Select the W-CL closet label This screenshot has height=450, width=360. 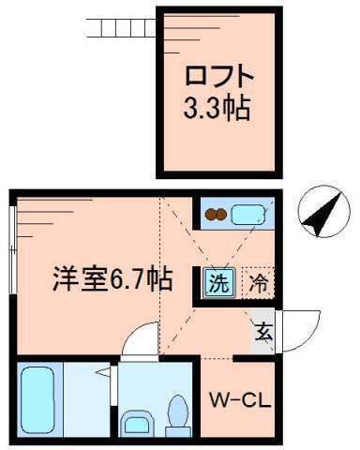click(238, 400)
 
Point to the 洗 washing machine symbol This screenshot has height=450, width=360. click(217, 280)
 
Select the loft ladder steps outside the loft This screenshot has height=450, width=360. click(120, 25)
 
